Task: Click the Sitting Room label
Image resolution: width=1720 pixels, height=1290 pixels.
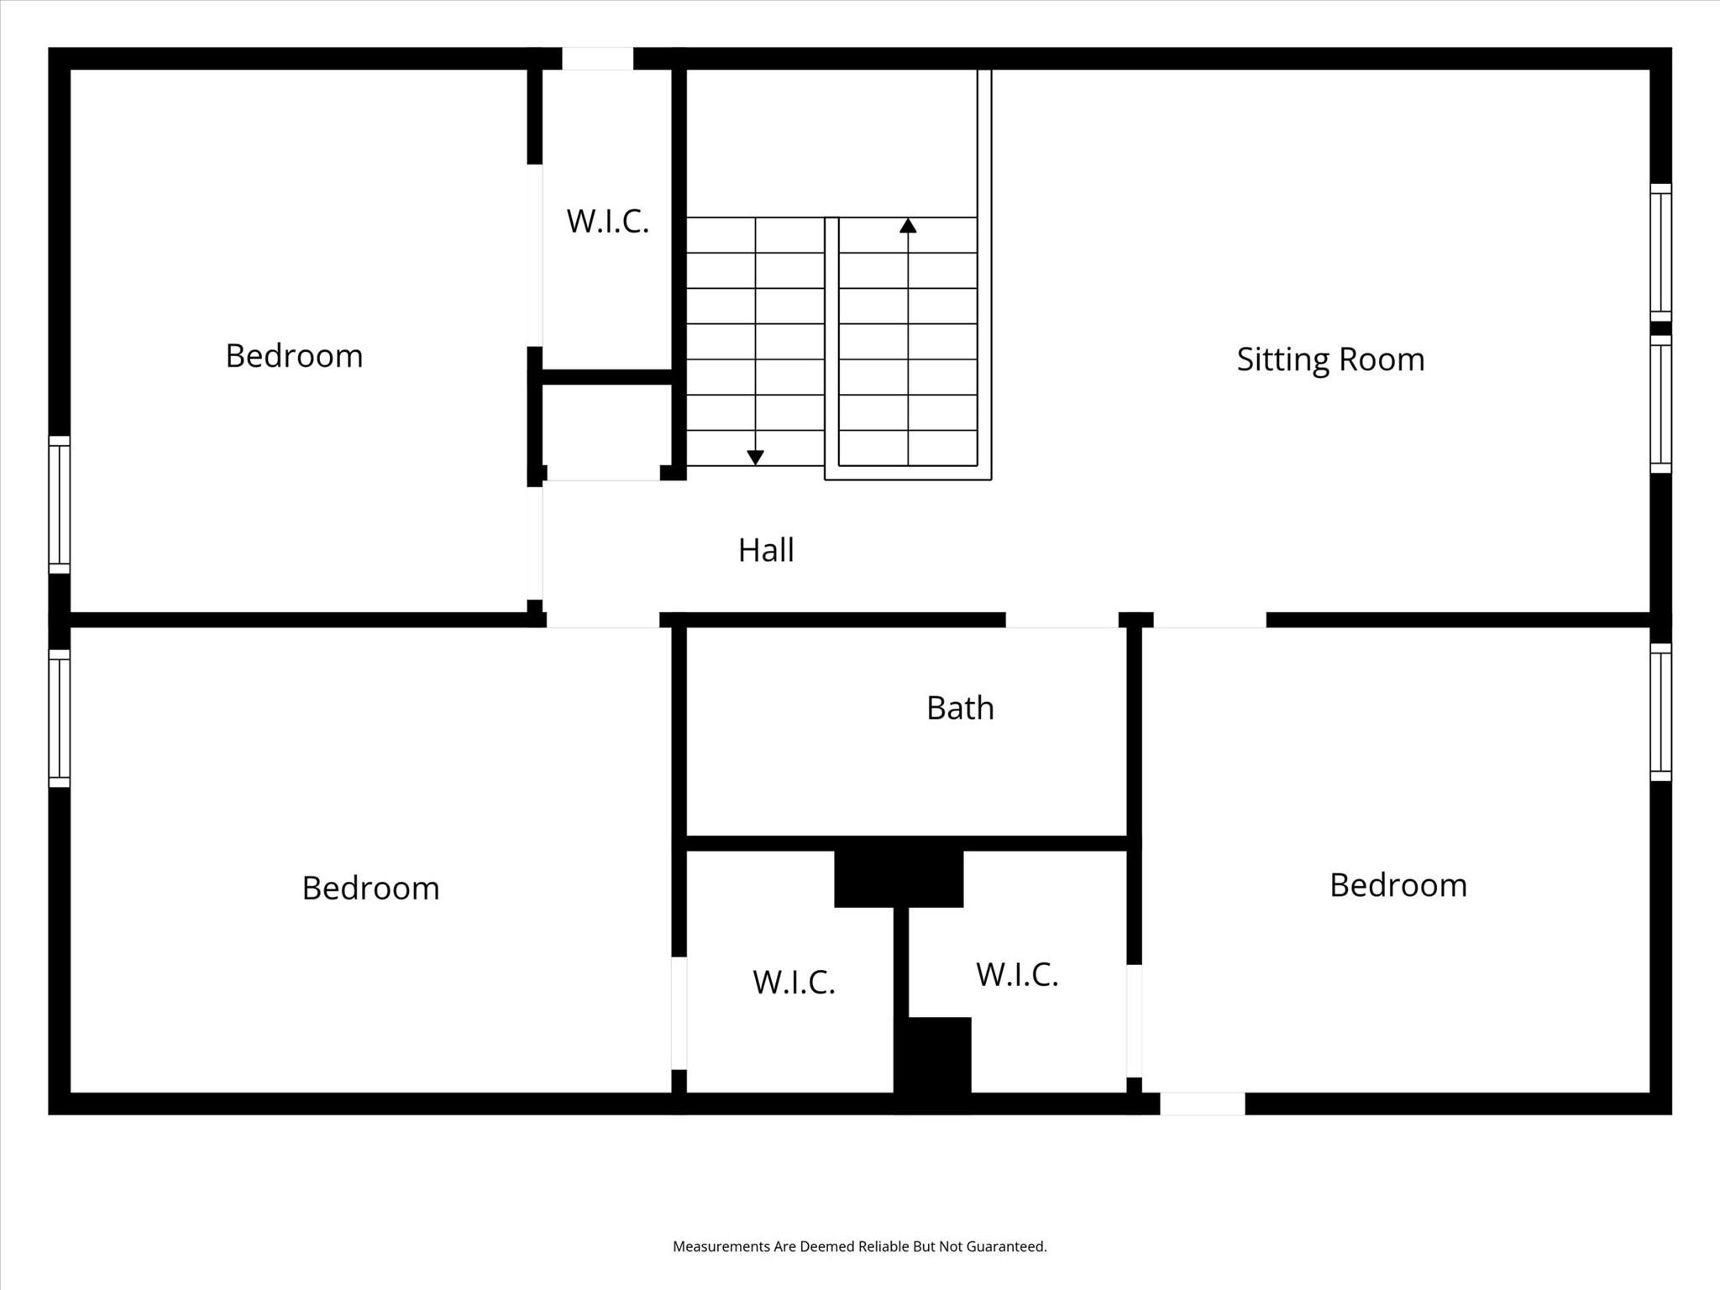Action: tap(1330, 359)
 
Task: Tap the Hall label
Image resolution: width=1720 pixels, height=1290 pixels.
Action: tap(766, 550)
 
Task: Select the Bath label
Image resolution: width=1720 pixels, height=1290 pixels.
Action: tap(960, 708)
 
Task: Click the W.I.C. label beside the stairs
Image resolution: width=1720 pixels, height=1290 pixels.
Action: tap(607, 222)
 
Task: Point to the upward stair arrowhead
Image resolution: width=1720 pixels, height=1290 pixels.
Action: tap(908, 226)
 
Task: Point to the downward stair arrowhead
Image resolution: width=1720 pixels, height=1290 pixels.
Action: tap(755, 457)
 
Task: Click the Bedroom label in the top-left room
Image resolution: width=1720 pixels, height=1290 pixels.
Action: tap(294, 356)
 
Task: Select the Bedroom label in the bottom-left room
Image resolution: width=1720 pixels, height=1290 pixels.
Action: tap(370, 889)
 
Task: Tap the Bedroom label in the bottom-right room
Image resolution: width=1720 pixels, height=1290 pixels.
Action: tap(1398, 885)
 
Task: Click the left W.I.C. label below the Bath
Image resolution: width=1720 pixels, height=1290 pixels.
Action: tap(794, 982)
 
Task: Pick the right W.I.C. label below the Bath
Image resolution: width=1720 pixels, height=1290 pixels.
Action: tap(1017, 975)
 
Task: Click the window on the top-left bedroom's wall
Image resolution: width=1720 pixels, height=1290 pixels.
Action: tap(59, 504)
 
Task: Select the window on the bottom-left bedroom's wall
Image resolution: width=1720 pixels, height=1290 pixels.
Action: tap(59, 718)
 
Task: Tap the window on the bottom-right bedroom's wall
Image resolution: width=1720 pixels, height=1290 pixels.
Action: tap(1660, 712)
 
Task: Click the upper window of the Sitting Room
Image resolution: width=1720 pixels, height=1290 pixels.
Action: tap(1660, 252)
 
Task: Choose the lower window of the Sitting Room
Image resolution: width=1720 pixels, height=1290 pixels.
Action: tap(1660, 404)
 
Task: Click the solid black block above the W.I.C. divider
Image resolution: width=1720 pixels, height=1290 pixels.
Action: tap(899, 878)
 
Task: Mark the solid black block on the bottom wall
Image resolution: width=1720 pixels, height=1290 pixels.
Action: tap(932, 1062)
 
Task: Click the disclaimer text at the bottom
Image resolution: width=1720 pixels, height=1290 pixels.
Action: tap(859, 1246)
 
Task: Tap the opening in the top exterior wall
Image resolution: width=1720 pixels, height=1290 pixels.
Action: tap(597, 59)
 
